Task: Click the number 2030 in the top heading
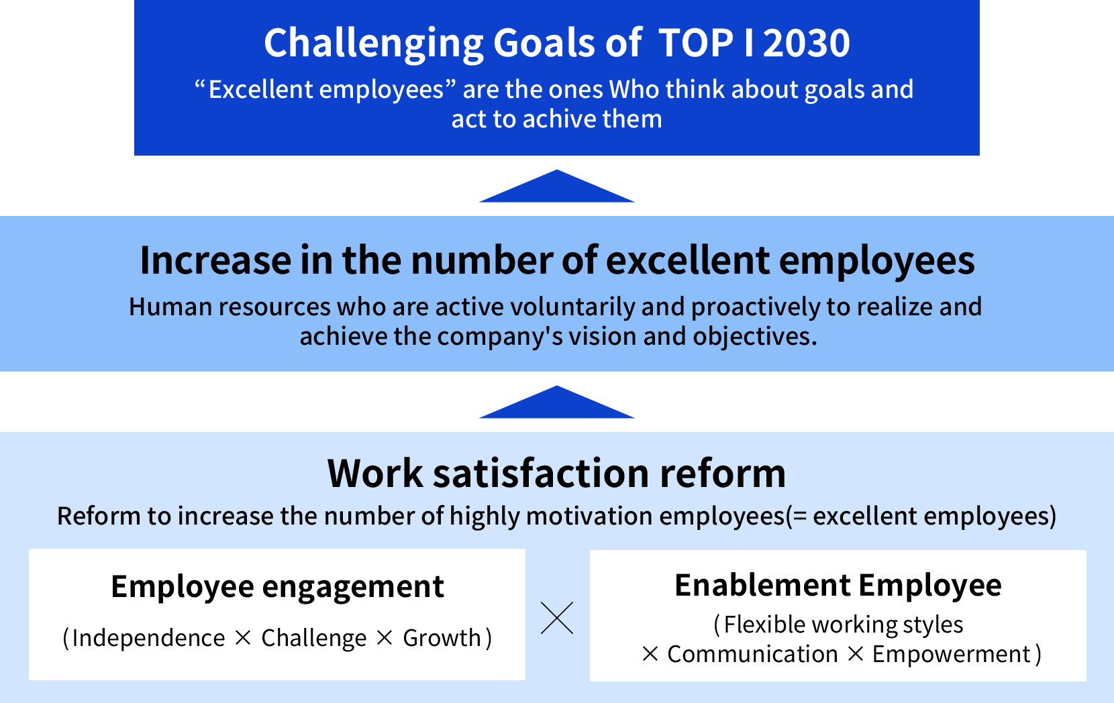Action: [x=807, y=43]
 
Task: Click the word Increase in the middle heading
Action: [x=215, y=260]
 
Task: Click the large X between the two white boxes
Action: [x=557, y=618]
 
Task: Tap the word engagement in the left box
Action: [x=353, y=588]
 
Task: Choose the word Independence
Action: [x=148, y=638]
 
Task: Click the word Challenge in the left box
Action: [x=313, y=638]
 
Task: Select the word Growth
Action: [x=442, y=638]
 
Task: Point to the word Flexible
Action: [x=765, y=625]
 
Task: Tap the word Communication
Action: [x=752, y=654]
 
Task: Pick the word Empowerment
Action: [x=951, y=654]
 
